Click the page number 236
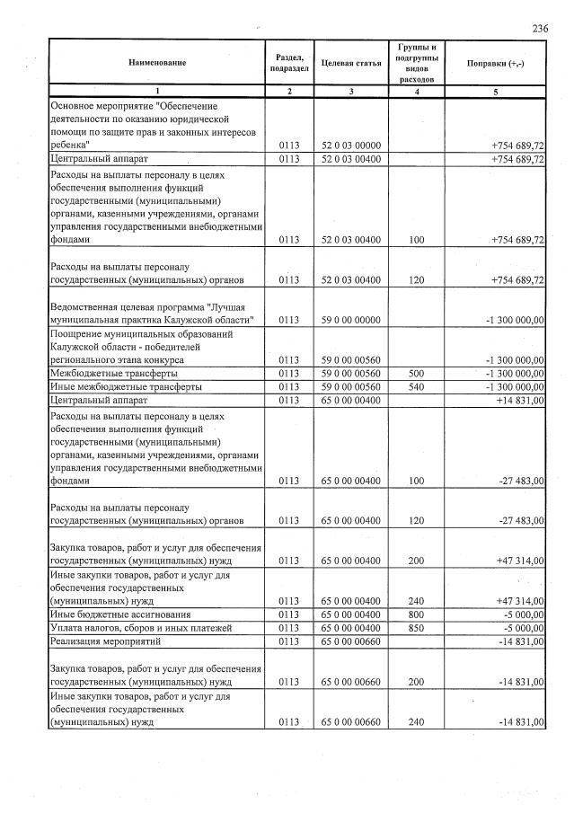pos(540,29)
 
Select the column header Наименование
pos(157,62)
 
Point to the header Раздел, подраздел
pos(288,62)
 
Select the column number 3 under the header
pos(351,92)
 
